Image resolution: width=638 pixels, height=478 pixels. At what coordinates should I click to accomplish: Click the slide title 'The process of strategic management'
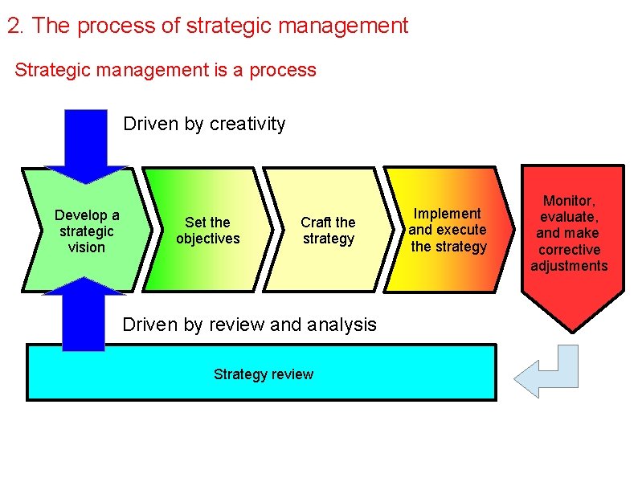pyautogui.click(x=219, y=26)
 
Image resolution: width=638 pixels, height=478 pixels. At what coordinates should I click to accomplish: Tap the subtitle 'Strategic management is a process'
pyautogui.click(x=166, y=70)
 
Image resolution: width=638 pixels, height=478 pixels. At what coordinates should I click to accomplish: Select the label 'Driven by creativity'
pyautogui.click(x=204, y=124)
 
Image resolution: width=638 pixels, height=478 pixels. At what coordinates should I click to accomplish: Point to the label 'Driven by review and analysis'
pyautogui.click(x=249, y=325)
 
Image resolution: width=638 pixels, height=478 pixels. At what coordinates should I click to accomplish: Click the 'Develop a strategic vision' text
pyautogui.click(x=87, y=231)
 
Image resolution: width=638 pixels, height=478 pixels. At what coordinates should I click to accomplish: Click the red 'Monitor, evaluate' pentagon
pyautogui.click(x=572, y=241)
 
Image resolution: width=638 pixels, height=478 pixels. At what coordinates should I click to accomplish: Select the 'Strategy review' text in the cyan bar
pyautogui.click(x=264, y=374)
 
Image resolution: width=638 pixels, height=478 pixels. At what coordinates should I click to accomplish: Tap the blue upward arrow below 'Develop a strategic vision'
pyautogui.click(x=84, y=317)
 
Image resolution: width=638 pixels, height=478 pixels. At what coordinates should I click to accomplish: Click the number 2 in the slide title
pyautogui.click(x=13, y=26)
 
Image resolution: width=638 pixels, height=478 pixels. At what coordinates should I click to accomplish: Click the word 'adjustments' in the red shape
pyautogui.click(x=569, y=266)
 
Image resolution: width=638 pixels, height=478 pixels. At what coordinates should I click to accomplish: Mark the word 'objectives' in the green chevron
pyautogui.click(x=207, y=239)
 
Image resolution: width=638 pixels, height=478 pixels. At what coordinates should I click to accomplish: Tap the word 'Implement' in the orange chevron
pyautogui.click(x=447, y=213)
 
